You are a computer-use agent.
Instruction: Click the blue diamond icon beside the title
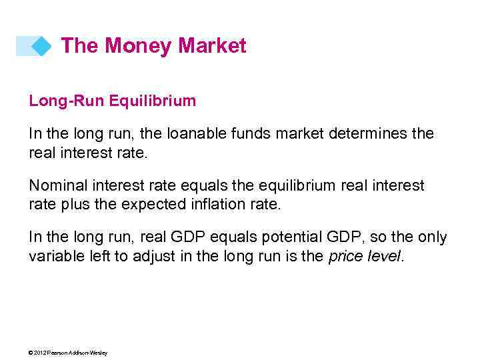(x=41, y=46)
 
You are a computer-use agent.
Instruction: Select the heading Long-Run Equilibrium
(x=112, y=101)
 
